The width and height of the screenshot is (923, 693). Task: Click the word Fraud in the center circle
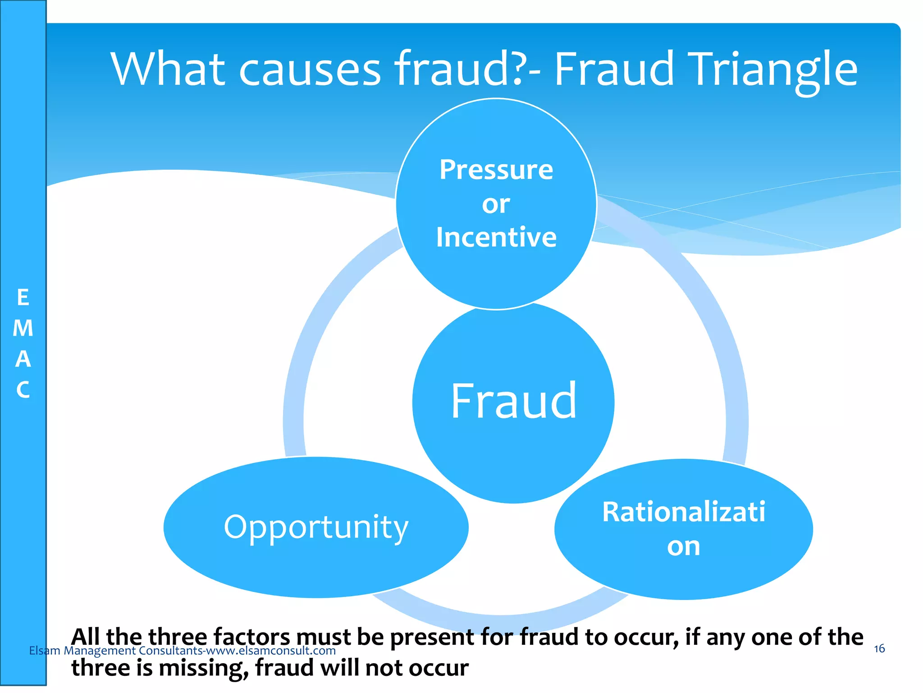pyautogui.click(x=513, y=401)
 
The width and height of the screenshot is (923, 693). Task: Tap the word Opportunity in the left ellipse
pyautogui.click(x=316, y=527)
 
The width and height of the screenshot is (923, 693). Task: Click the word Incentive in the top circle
pyautogui.click(x=496, y=237)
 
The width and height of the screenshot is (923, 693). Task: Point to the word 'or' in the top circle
pyautogui.click(x=496, y=204)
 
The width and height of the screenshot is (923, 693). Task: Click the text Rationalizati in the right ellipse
pyautogui.click(x=683, y=512)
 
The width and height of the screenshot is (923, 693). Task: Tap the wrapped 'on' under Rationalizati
pyautogui.click(x=683, y=546)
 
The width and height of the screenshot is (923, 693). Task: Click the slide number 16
pyautogui.click(x=879, y=649)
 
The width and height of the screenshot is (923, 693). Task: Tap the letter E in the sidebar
pyautogui.click(x=23, y=298)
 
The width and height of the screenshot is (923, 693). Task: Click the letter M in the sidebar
pyautogui.click(x=23, y=328)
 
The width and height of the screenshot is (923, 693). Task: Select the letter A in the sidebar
pyautogui.click(x=23, y=359)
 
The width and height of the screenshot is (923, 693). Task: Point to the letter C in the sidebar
pyautogui.click(x=23, y=390)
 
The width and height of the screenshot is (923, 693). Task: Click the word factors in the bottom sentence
pyautogui.click(x=252, y=638)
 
